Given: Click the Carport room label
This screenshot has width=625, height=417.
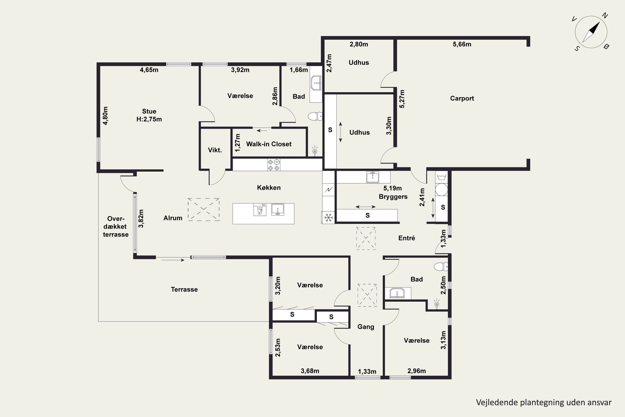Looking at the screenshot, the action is pyautogui.click(x=462, y=98).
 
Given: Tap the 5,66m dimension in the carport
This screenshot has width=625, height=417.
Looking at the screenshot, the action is pyautogui.click(x=462, y=44).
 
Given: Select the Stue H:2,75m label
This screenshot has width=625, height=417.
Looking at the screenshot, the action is pyautogui.click(x=149, y=115).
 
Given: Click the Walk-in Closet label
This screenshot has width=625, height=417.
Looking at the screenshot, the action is pyautogui.click(x=269, y=144).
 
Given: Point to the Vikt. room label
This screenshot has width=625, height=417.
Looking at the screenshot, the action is pyautogui.click(x=215, y=150).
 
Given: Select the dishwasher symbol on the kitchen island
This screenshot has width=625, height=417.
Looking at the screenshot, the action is pyautogui.click(x=260, y=210).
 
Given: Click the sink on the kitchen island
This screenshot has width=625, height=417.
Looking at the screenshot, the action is pyautogui.click(x=278, y=210).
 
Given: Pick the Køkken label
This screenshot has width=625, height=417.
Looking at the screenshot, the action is pyautogui.click(x=269, y=187).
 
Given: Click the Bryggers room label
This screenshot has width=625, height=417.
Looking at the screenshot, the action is pyautogui.click(x=393, y=197).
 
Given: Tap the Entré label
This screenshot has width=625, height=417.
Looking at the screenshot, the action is pyautogui.click(x=407, y=238).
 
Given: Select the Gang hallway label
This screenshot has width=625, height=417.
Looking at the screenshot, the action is pyautogui.click(x=366, y=327).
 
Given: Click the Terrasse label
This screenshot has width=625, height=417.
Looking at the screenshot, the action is pyautogui.click(x=184, y=289).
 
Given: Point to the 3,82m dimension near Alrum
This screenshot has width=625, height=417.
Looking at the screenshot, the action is pyautogui.click(x=141, y=219).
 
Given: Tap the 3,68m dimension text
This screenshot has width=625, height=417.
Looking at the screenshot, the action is pyautogui.click(x=310, y=371).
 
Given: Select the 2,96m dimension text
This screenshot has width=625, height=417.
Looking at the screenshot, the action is pyautogui.click(x=416, y=371).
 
